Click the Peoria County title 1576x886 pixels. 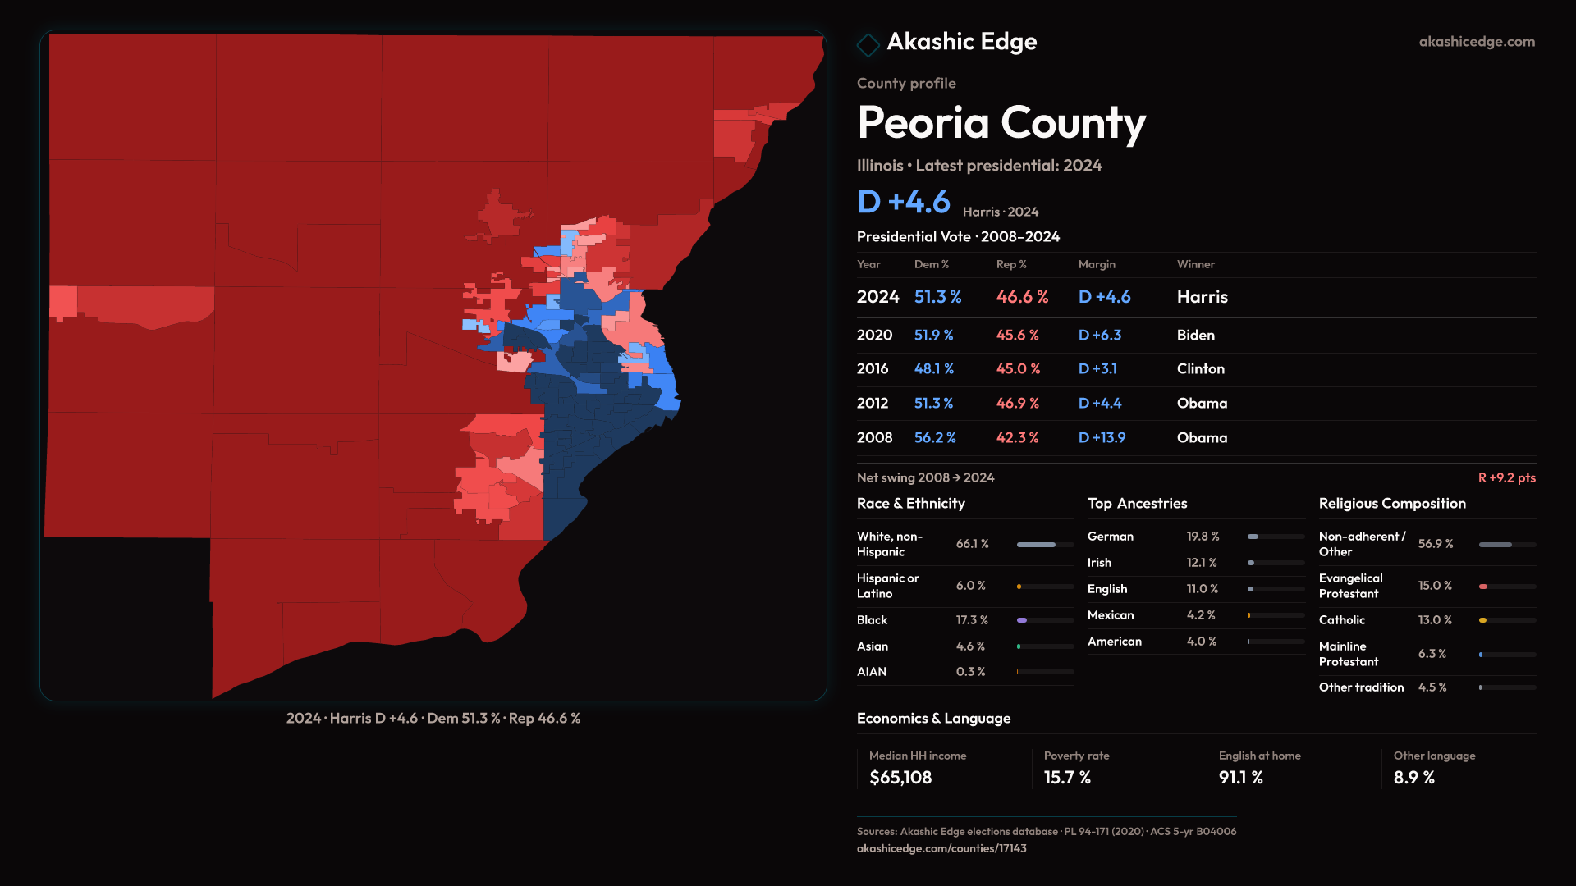point(1001,123)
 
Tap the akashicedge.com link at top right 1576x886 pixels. point(1476,42)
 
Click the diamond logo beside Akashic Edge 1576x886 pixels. point(868,44)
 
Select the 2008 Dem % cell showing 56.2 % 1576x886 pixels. point(935,438)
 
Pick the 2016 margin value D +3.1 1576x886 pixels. point(1097,369)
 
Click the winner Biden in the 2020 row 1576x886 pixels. point(1195,336)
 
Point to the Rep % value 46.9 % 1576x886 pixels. point(1017,404)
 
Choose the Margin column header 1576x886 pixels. point(1097,264)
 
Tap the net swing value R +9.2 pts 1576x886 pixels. point(1506,477)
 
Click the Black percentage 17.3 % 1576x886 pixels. point(972,620)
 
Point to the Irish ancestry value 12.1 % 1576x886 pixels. point(1202,563)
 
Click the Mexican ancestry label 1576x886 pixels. point(1111,615)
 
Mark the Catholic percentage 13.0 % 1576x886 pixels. point(1435,620)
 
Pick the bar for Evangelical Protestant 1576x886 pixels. point(1507,587)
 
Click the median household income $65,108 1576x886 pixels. point(900,778)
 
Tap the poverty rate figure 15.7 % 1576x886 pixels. point(1067,778)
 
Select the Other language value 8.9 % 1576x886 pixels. point(1413,778)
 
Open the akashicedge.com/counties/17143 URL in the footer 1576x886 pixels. point(941,848)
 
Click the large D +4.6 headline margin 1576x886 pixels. point(903,202)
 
